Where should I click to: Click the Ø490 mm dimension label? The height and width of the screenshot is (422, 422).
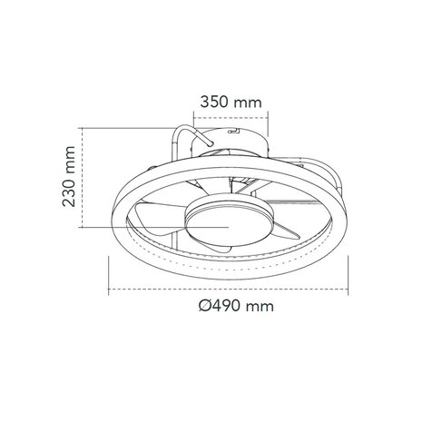pos(235,306)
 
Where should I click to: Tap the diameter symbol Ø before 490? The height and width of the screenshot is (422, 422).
pos(205,306)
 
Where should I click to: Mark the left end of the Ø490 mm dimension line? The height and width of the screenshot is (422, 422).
pos(110,290)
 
